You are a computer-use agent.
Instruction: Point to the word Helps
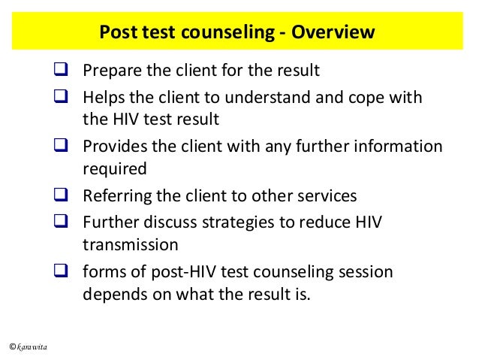coord(103,97)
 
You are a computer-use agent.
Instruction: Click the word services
coord(322,196)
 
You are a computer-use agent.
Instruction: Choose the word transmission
coord(131,244)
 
